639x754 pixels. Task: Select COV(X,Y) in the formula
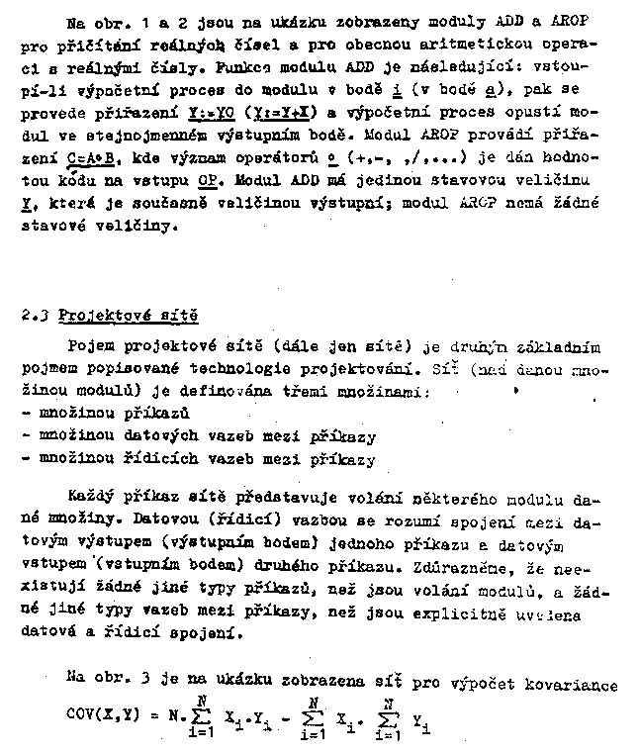104,710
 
